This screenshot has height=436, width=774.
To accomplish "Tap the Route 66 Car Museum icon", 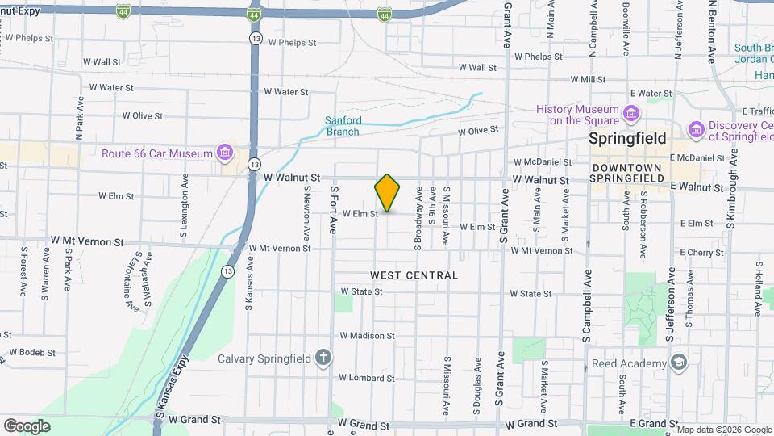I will [225, 153].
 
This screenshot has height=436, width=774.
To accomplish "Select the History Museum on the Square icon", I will [631, 114].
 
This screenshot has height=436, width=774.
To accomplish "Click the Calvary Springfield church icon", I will [323, 358].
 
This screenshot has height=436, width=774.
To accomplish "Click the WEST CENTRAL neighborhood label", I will [414, 275].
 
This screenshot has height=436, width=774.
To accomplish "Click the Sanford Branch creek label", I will [343, 126].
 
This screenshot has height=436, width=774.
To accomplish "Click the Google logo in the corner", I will [27, 426].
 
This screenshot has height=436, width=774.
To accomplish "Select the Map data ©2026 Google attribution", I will [723, 429].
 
